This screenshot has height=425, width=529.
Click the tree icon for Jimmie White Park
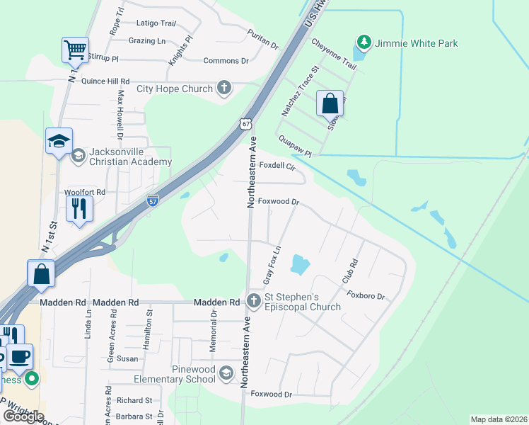(x=364, y=43)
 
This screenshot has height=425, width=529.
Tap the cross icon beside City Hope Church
(x=224, y=89)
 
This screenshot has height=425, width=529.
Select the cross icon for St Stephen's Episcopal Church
(x=253, y=302)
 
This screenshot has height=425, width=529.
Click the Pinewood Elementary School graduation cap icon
(x=226, y=373)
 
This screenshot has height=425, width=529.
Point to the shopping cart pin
(x=75, y=50)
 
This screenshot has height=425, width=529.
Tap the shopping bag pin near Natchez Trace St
(x=330, y=103)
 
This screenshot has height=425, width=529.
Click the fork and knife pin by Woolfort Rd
(x=79, y=208)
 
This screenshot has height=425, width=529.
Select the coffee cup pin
(x=20, y=356)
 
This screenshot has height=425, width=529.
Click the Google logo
(x=23, y=416)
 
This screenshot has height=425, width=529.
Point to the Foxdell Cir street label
(x=277, y=166)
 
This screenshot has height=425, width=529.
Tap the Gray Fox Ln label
(x=272, y=266)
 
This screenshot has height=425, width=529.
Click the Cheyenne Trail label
(x=333, y=54)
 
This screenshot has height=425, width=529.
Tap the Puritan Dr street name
(x=262, y=40)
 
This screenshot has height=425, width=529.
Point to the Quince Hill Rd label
(x=105, y=81)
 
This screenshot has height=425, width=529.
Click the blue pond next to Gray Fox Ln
(x=300, y=266)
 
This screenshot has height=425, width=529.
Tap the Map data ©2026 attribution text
(x=498, y=419)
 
